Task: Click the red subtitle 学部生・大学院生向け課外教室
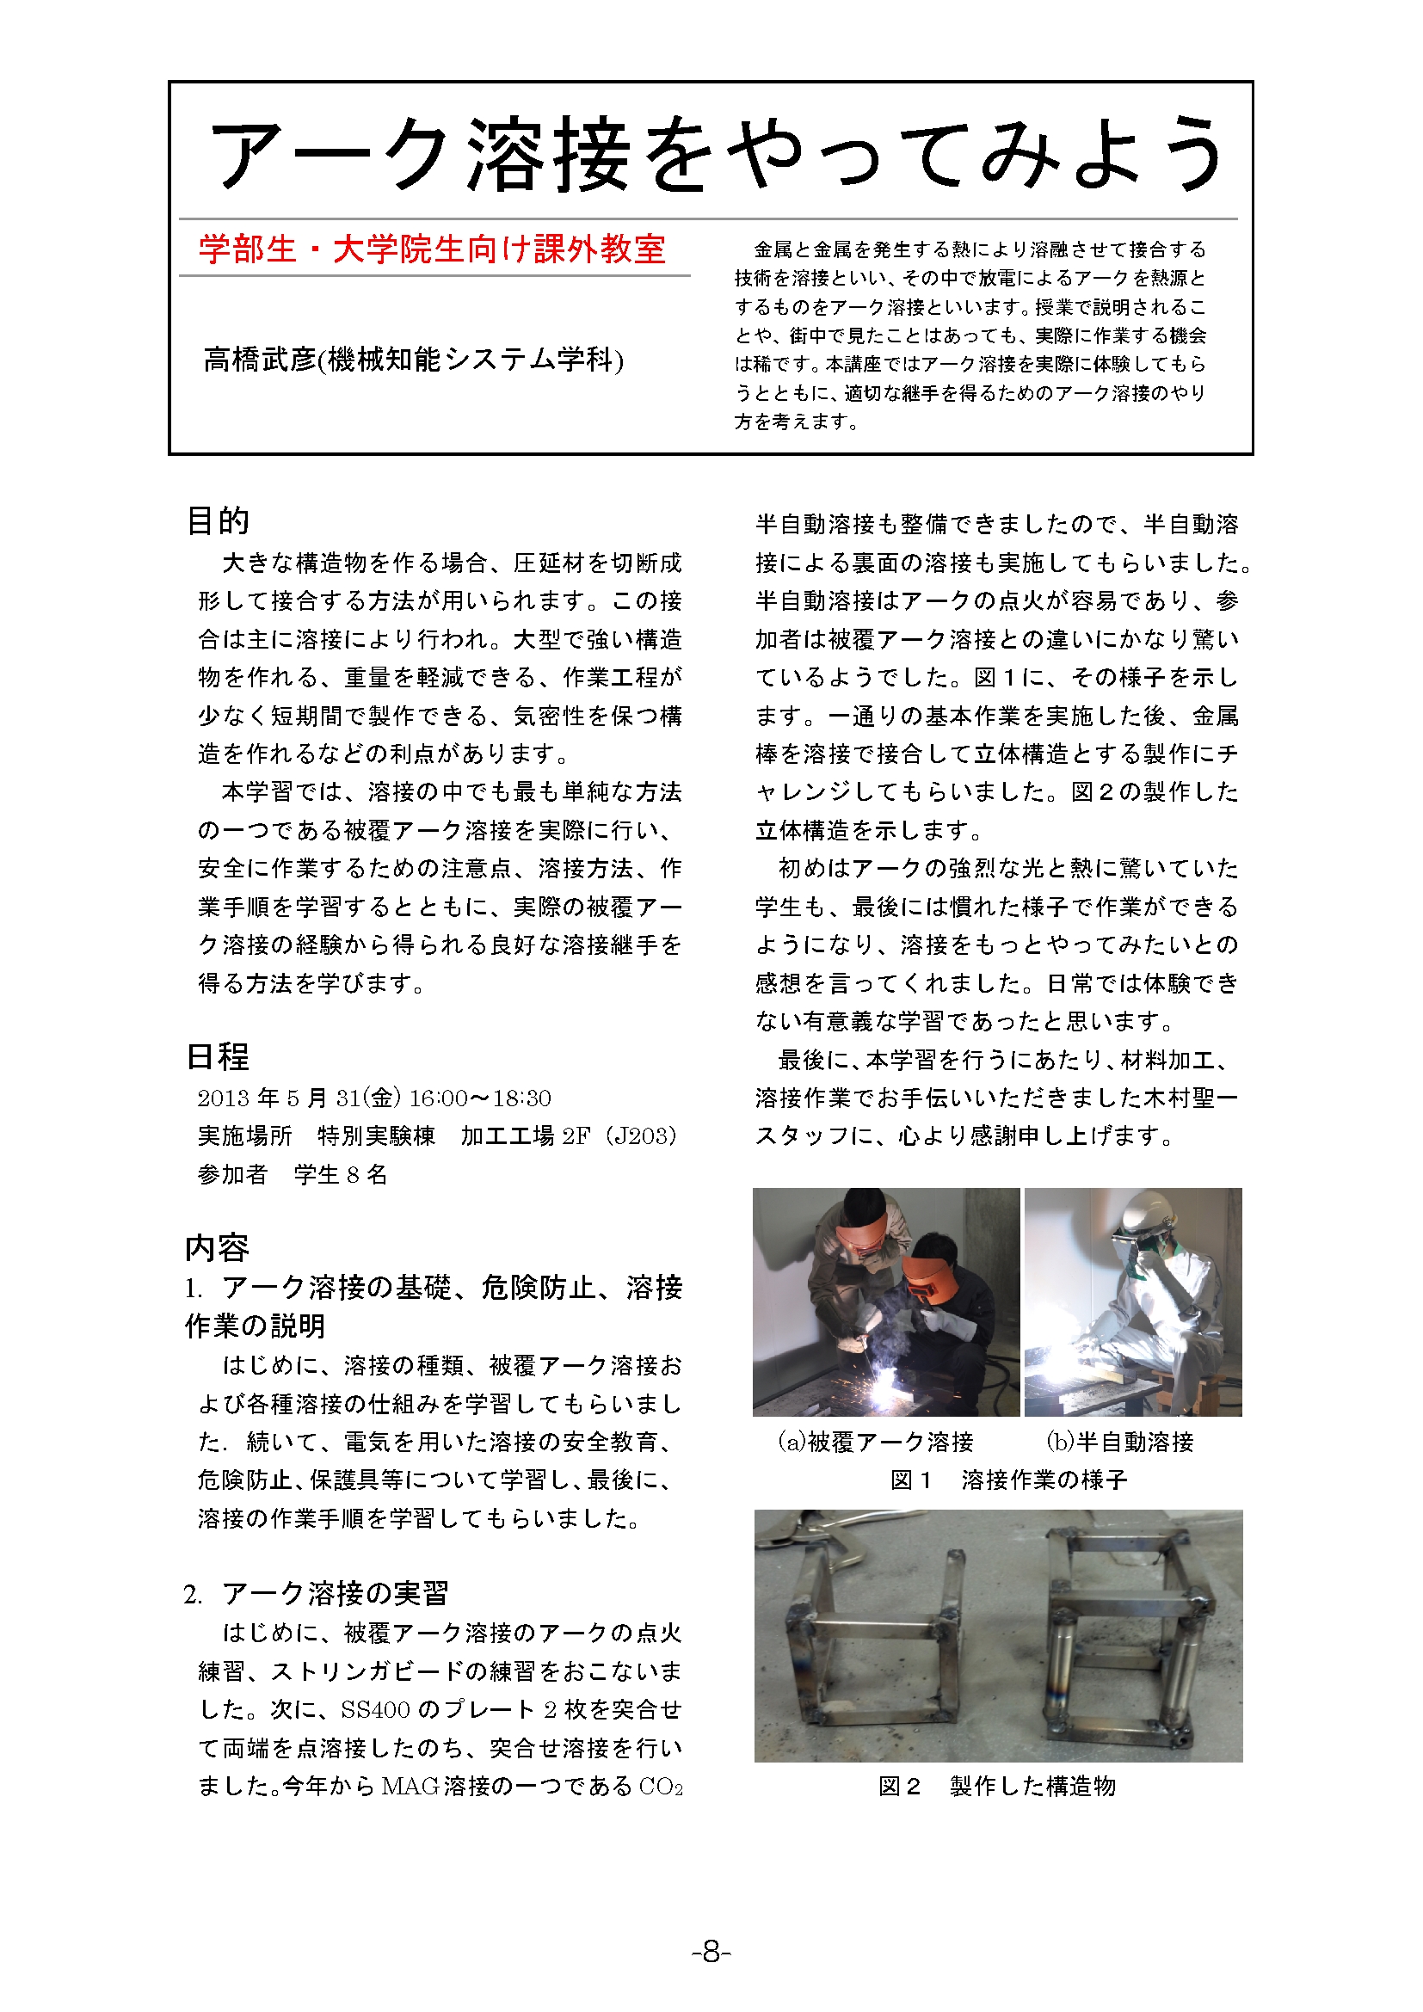coord(432,249)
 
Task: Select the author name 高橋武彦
coord(260,360)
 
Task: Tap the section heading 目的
coord(219,520)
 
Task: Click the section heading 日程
coord(219,1057)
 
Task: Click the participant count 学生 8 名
coord(341,1174)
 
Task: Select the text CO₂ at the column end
coord(661,1787)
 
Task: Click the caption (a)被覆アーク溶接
coord(876,1442)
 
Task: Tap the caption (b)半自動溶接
coord(1120,1442)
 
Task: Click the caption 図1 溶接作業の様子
coord(1008,1480)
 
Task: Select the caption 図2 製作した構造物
coord(997,1786)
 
